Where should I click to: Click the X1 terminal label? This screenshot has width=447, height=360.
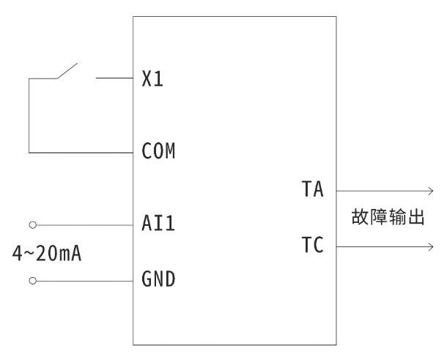[x=152, y=78]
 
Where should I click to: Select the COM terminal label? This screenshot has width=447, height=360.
[x=158, y=153]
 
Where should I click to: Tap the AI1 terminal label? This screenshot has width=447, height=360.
[x=158, y=224]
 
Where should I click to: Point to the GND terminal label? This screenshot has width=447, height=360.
[x=158, y=279]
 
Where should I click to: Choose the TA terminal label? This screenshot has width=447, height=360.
[x=313, y=190]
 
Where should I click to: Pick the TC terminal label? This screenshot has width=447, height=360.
[x=313, y=246]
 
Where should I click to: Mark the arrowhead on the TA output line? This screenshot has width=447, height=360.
[x=430, y=190]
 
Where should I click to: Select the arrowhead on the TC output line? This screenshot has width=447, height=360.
[x=430, y=246]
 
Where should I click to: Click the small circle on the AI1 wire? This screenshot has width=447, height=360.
[x=32, y=224]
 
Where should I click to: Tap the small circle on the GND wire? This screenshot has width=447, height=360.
[x=32, y=280]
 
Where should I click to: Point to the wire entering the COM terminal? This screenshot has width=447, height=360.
[x=81, y=153]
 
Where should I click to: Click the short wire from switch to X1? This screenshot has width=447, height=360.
[x=114, y=78]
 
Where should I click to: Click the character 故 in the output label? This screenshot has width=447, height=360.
[x=361, y=218]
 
